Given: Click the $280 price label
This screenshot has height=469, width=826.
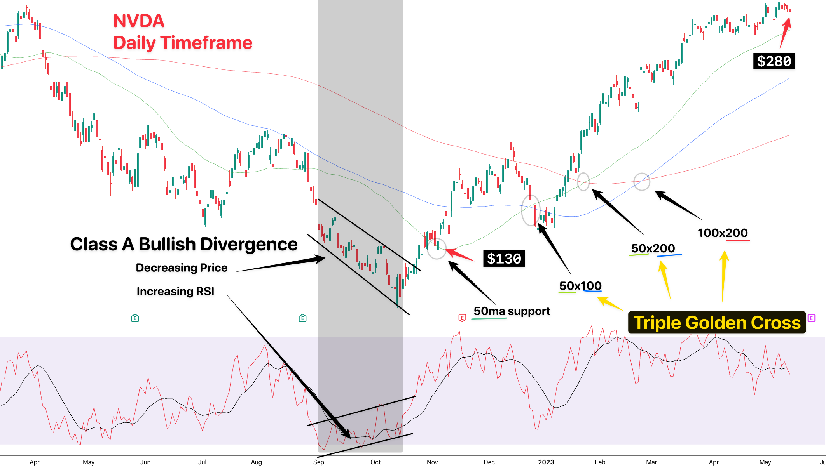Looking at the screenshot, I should click(774, 61).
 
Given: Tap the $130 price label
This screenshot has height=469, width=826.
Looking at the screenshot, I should click(504, 259).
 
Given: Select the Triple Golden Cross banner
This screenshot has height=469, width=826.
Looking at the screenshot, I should click(717, 323).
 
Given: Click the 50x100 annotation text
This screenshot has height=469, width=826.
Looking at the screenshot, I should click(580, 286).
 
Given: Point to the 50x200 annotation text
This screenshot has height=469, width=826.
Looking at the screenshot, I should click(653, 248).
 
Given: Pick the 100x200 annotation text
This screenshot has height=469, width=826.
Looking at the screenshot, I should click(723, 233).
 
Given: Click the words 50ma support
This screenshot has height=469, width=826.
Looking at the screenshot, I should click(512, 311).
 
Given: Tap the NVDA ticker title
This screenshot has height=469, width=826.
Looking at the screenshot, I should click(139, 21).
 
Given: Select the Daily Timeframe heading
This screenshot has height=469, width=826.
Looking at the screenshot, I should click(183, 43).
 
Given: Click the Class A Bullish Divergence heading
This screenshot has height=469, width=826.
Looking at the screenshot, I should click(184, 244).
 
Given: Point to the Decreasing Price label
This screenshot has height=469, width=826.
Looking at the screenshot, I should click(182, 268).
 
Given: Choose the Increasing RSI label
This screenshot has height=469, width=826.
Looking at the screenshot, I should click(175, 291).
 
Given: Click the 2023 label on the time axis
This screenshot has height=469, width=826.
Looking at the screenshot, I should click(546, 462).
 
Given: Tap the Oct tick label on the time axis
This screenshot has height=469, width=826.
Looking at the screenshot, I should click(375, 462).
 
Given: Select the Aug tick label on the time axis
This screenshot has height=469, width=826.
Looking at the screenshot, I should click(256, 462).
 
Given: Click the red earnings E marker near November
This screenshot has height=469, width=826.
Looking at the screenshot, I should click(462, 318).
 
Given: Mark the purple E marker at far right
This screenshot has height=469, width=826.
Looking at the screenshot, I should click(811, 318).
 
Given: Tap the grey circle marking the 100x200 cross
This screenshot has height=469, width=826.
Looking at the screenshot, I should click(642, 182).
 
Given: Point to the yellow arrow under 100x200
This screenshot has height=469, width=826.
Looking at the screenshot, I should click(723, 276).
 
